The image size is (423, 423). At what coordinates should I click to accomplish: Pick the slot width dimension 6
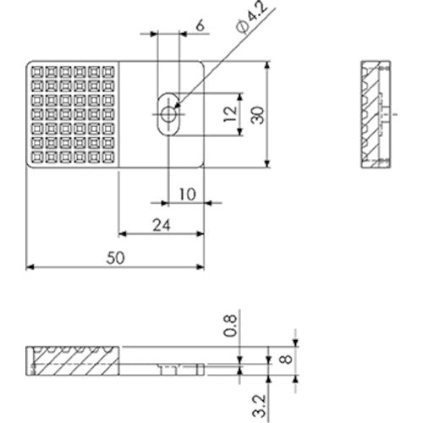click(200, 25)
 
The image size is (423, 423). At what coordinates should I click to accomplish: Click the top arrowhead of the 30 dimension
click(269, 66)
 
